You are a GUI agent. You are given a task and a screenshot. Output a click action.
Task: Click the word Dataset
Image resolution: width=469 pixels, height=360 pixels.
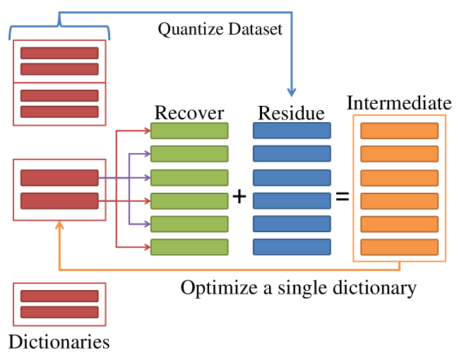pyautogui.click(x=255, y=30)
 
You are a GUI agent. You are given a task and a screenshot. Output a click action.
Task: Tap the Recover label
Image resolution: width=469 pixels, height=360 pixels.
pyautogui.click(x=189, y=113)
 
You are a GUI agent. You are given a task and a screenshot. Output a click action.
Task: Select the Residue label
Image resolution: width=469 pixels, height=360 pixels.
pyautogui.click(x=291, y=113)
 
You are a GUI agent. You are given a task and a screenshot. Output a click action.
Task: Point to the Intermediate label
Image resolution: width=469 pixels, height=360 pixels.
pyautogui.click(x=399, y=103)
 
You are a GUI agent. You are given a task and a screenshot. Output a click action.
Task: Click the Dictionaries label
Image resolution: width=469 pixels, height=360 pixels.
pyautogui.click(x=59, y=342)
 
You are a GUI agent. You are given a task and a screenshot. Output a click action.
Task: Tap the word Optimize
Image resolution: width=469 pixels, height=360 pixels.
pyautogui.click(x=219, y=289)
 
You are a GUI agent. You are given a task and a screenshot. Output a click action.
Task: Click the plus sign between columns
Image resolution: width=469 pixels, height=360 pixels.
pyautogui.click(x=239, y=197)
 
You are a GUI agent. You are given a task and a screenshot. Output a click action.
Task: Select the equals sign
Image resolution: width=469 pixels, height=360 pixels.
pyautogui.click(x=342, y=196)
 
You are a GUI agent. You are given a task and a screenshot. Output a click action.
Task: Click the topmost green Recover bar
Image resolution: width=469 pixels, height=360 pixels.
pyautogui.click(x=189, y=131)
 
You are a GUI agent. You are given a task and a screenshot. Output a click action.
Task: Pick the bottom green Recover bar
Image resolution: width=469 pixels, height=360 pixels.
pyautogui.click(x=189, y=247)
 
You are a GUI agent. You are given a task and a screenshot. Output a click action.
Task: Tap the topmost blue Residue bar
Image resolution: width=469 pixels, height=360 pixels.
pyautogui.click(x=292, y=131)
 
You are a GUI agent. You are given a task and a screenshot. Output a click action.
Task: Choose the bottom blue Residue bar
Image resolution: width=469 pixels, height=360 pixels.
pyautogui.click(x=292, y=247)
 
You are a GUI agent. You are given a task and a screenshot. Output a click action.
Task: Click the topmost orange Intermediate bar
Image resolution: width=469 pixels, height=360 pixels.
pyautogui.click(x=399, y=131)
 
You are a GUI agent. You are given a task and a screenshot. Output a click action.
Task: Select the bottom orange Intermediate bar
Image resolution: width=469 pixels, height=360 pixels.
pyautogui.click(x=399, y=247)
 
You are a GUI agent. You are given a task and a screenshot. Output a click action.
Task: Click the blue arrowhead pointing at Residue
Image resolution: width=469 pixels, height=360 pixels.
pyautogui.click(x=292, y=92)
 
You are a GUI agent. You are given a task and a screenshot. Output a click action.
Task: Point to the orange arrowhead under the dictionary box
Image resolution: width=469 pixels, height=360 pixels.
pyautogui.click(x=59, y=225)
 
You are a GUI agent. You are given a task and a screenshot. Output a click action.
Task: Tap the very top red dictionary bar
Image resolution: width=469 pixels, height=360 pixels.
pyautogui.click(x=59, y=53)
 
